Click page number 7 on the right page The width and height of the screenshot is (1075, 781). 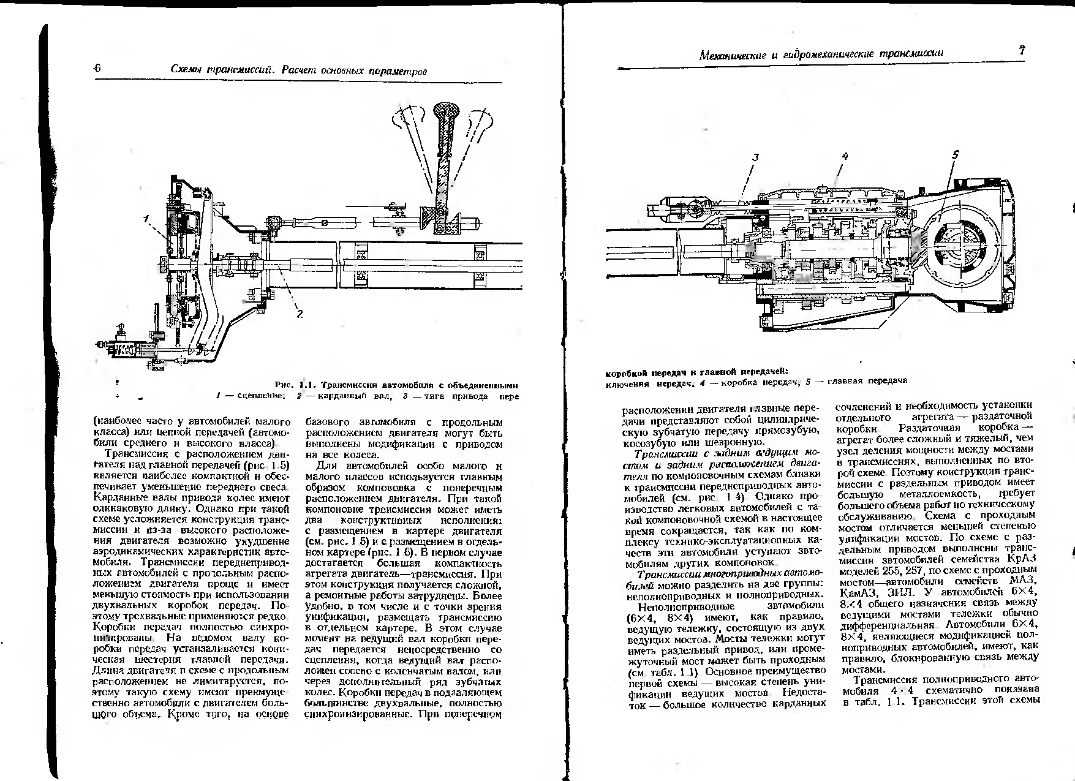1022,51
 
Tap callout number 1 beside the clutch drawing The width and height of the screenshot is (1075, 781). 146,219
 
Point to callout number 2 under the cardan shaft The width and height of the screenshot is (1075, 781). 300,314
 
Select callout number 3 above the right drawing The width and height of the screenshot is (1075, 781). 755,157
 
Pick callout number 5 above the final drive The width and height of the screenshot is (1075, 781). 955,155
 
